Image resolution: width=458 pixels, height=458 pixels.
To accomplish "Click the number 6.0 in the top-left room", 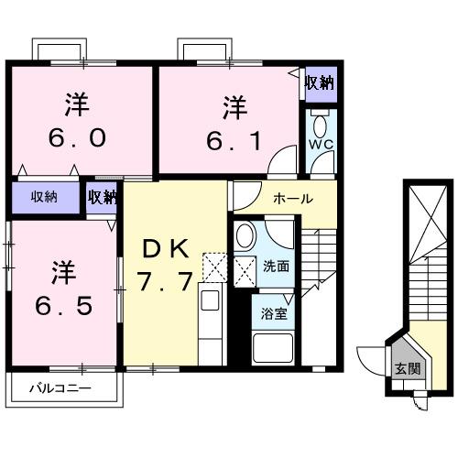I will click(x=78, y=137).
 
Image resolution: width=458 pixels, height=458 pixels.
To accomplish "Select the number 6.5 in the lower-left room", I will click(x=61, y=304).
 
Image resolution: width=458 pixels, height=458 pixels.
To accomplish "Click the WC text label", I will click(x=320, y=146).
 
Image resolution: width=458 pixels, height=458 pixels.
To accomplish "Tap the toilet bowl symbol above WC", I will click(x=320, y=124).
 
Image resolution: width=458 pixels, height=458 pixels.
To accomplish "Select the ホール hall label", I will click(x=293, y=198).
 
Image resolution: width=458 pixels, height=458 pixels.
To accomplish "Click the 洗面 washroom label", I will click(x=276, y=267).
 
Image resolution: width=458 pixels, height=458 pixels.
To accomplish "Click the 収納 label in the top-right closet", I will click(x=319, y=83).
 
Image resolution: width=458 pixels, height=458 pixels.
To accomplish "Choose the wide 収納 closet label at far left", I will click(x=44, y=196).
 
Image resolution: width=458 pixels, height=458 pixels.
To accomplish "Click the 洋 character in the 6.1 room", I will click(x=233, y=107).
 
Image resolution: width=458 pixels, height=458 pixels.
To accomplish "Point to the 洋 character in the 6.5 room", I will click(x=61, y=271).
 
